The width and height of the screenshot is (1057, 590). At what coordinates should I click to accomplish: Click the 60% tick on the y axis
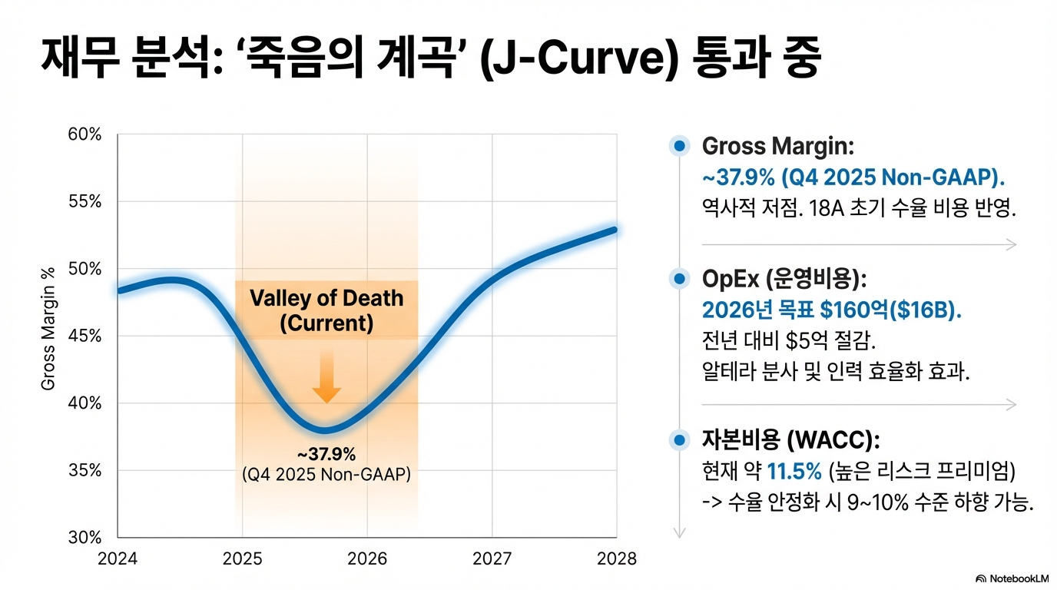(84, 134)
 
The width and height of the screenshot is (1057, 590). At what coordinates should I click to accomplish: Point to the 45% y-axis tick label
(84, 336)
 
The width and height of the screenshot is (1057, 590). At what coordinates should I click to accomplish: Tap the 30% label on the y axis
(84, 537)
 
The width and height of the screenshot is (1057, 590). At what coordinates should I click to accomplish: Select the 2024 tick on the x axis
(118, 559)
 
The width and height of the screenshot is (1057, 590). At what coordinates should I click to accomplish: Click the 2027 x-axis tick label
(492, 559)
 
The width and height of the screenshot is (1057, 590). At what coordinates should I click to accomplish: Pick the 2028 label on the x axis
(616, 559)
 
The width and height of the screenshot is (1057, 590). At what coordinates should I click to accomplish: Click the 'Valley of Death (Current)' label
(326, 310)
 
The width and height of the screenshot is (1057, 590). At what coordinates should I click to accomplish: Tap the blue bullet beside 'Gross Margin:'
(678, 147)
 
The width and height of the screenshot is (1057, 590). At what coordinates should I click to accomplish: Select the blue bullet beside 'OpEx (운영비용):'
(678, 278)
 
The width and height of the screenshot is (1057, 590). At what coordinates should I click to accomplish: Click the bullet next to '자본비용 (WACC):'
(678, 440)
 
